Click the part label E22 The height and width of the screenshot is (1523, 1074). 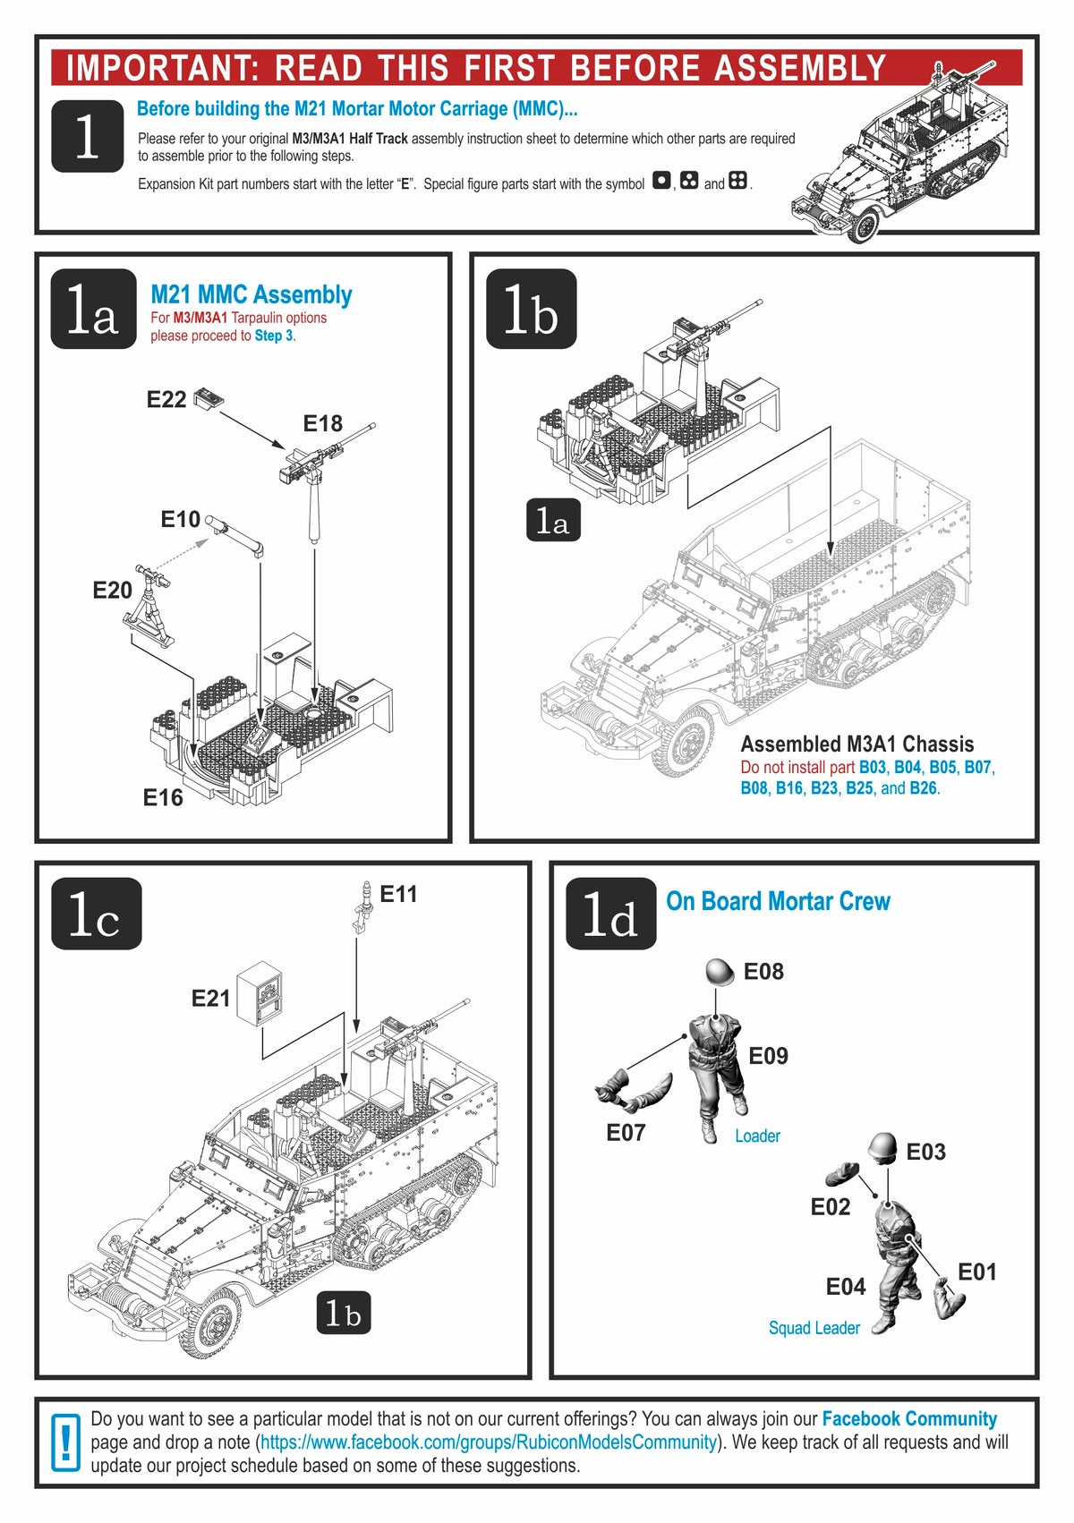(166, 400)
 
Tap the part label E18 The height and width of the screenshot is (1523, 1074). (322, 423)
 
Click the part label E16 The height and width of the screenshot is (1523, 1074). (163, 797)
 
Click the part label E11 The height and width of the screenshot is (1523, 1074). (398, 894)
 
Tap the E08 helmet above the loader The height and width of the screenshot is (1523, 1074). (720, 973)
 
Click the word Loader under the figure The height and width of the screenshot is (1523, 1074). (757, 1136)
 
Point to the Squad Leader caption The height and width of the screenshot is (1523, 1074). (814, 1328)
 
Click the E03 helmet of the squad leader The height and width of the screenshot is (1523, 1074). (882, 1147)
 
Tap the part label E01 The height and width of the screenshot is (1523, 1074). (976, 1272)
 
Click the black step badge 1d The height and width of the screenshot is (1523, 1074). (610, 914)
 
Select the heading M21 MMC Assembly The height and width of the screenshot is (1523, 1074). (251, 294)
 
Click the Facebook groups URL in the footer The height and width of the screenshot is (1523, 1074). (489, 1442)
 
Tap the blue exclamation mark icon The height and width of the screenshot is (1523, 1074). (65, 1442)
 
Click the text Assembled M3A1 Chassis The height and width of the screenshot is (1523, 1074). (857, 744)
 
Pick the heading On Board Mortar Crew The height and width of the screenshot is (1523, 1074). (778, 901)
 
